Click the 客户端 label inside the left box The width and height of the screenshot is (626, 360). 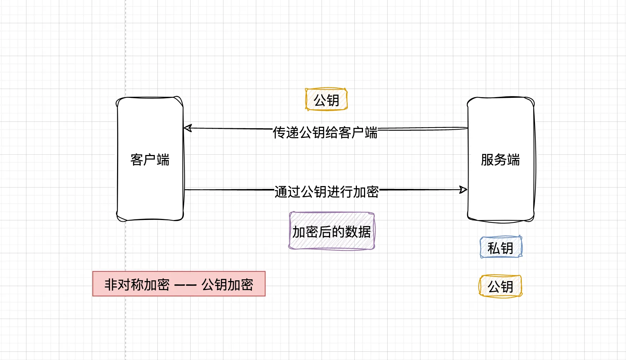(150, 160)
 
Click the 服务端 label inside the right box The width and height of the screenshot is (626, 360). (500, 160)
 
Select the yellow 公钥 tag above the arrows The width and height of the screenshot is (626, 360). (326, 100)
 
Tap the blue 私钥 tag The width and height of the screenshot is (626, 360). (500, 247)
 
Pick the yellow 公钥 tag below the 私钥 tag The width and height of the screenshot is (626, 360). (500, 286)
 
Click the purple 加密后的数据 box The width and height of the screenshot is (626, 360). (332, 231)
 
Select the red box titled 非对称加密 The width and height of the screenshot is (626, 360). (179, 284)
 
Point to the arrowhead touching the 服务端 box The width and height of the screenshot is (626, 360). (463, 189)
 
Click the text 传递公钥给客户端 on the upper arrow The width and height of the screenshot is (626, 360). (325, 132)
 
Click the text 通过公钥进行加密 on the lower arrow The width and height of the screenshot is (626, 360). (327, 192)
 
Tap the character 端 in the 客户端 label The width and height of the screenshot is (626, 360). (163, 160)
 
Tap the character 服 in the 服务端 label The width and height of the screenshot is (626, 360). (487, 160)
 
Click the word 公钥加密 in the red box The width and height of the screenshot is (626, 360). (227, 285)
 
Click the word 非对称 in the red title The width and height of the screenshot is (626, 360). (124, 285)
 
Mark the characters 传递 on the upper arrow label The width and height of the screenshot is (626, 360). (286, 132)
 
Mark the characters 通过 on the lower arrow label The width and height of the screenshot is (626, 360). (287, 192)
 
